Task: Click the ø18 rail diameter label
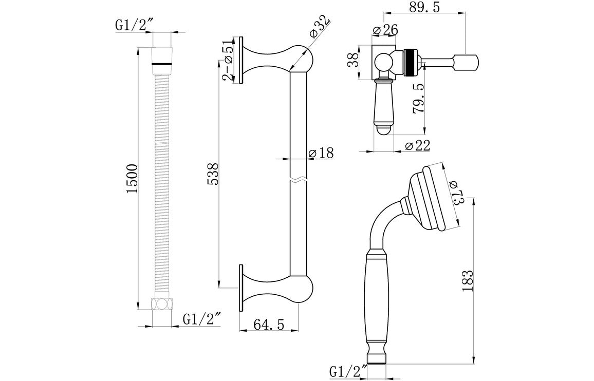tap(321, 153)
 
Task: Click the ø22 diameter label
tap(417, 146)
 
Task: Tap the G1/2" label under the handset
tap(348, 370)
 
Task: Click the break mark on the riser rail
tap(299, 180)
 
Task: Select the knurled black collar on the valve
tap(410, 63)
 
